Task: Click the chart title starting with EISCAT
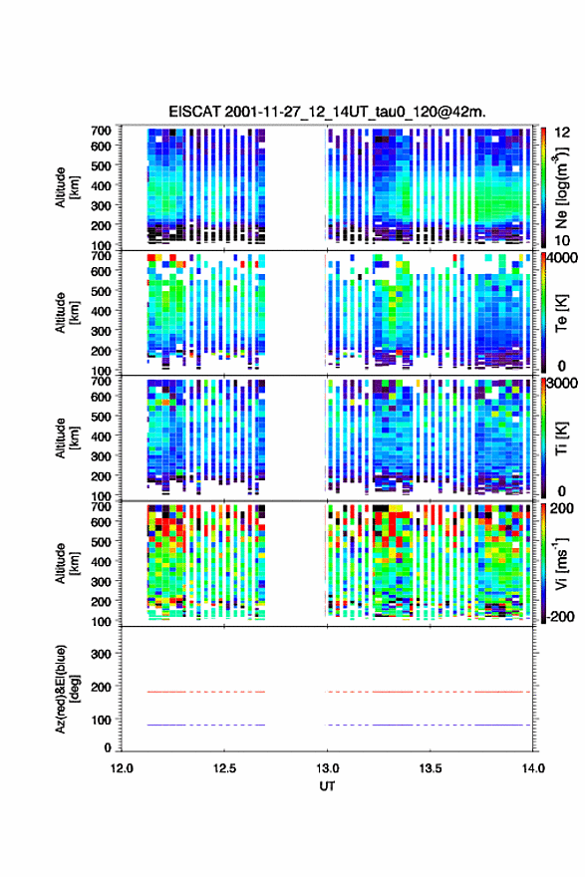coord(327,112)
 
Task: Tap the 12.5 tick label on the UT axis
coord(224,768)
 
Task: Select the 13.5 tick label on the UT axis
coord(431,768)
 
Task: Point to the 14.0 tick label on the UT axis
coord(533,768)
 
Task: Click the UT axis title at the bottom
coord(327,786)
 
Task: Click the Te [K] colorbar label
coord(561,314)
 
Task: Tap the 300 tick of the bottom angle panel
coord(101,654)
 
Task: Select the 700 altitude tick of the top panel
coord(101,131)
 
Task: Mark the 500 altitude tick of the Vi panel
coord(101,541)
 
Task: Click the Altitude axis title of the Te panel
coord(67,312)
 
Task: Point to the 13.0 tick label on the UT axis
coord(327,768)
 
